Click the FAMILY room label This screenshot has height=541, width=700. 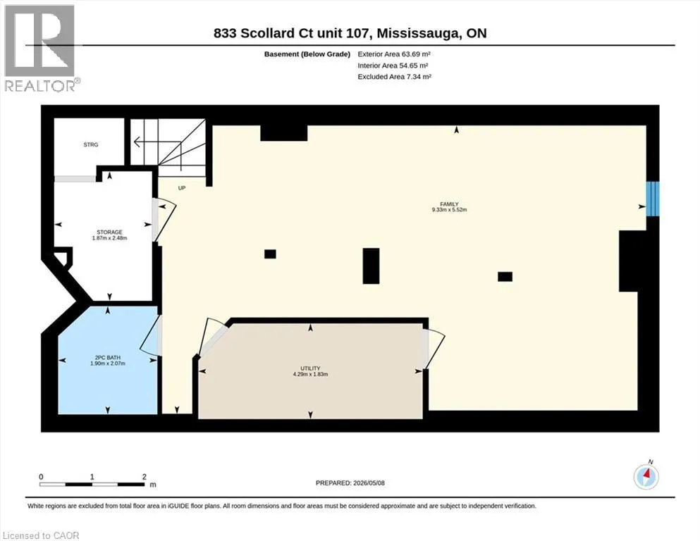click(449, 204)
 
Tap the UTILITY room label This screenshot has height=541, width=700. click(310, 368)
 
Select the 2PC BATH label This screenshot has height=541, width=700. click(108, 358)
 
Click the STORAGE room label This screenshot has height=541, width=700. click(109, 232)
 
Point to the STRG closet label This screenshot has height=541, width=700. click(91, 145)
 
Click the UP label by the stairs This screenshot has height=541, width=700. click(182, 188)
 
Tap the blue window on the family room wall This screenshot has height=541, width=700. click(653, 199)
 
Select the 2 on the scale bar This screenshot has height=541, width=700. click(145, 477)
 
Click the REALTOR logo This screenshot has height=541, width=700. click(39, 48)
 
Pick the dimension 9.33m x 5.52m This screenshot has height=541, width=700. click(449, 210)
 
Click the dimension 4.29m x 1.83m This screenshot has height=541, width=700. click(310, 374)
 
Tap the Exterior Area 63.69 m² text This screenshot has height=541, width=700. click(394, 54)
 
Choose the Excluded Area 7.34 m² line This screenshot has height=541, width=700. click(394, 77)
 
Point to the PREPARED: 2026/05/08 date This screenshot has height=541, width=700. click(350, 483)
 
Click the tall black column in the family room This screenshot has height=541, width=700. click(371, 266)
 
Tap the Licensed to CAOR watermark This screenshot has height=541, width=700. click(41, 535)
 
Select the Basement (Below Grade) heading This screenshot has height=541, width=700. click(307, 54)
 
